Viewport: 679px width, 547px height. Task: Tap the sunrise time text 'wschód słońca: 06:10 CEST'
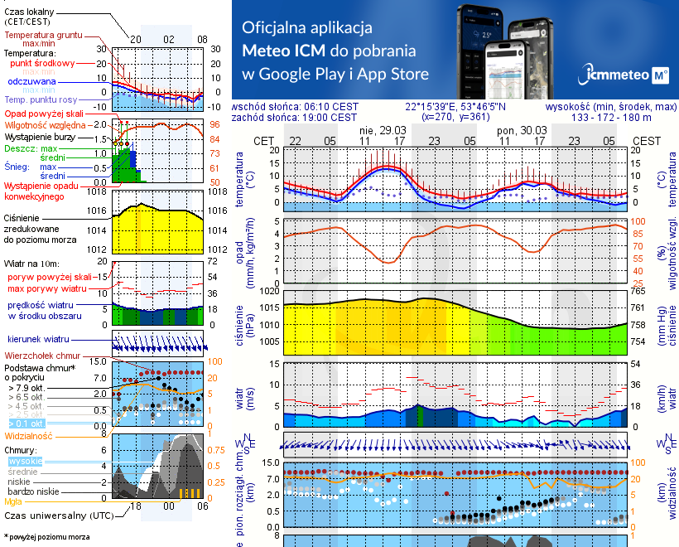coord(295,107)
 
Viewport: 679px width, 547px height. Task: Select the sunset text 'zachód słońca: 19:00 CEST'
coord(295,118)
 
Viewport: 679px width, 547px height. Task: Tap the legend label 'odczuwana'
coord(31,82)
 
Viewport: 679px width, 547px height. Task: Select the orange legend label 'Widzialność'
coord(28,435)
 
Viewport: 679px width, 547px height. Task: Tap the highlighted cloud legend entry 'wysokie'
coord(25,461)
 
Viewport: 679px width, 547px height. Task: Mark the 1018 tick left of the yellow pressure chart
coord(99,191)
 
